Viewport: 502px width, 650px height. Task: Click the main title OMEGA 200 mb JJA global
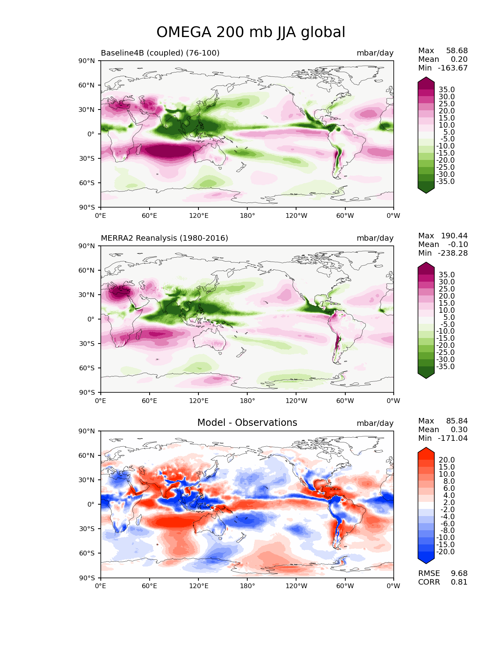pyautogui.click(x=250, y=32)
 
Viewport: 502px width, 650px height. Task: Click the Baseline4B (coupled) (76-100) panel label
pyautogui.click(x=160, y=53)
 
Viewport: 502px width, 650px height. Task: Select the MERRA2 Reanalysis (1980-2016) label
pyautogui.click(x=164, y=238)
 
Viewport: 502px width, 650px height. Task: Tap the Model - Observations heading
pyautogui.click(x=247, y=422)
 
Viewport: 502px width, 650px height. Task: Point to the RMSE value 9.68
pyautogui.click(x=459, y=573)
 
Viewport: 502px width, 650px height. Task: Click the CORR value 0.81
pyautogui.click(x=459, y=582)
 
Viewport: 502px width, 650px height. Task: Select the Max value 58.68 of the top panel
pyautogui.click(x=457, y=50)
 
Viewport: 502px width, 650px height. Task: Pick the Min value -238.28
pyautogui.click(x=453, y=253)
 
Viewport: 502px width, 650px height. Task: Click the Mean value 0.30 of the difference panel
pyautogui.click(x=459, y=429)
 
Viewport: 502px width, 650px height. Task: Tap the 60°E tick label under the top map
pyautogui.click(x=149, y=215)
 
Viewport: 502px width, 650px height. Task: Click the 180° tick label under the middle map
pyautogui.click(x=247, y=401)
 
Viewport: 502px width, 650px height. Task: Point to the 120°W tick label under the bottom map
pyautogui.click(x=296, y=586)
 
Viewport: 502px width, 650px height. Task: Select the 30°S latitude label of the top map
pyautogui.click(x=87, y=158)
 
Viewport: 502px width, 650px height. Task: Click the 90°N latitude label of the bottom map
pyautogui.click(x=86, y=431)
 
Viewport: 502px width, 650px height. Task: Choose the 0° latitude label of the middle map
pyautogui.click(x=91, y=319)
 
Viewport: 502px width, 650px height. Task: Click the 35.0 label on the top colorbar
pyautogui.click(x=446, y=89)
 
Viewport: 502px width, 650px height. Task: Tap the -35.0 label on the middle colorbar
pyautogui.click(x=445, y=366)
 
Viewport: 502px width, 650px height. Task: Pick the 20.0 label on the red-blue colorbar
pyautogui.click(x=446, y=460)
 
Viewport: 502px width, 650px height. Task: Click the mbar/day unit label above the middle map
pyautogui.click(x=375, y=238)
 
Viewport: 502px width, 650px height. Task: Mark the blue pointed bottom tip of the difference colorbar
pyautogui.click(x=426, y=564)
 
